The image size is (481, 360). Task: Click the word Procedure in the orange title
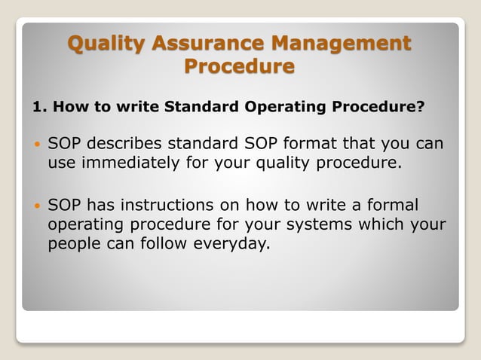(240, 67)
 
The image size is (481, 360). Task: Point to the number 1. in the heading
(40, 107)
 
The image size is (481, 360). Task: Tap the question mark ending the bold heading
(421, 107)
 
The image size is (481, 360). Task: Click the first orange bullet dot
(37, 144)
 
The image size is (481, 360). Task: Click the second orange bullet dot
(37, 206)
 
